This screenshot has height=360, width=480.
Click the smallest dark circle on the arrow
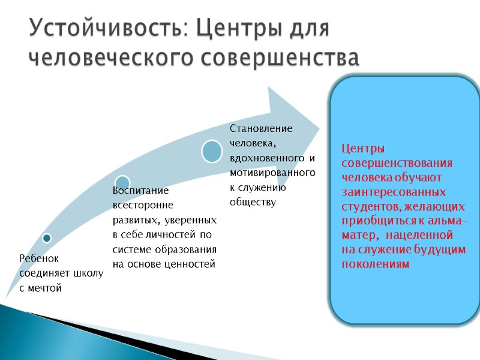(47, 238)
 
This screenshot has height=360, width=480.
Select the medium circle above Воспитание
(122, 182)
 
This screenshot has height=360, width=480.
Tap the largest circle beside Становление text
(212, 151)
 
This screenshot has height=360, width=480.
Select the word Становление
(261, 128)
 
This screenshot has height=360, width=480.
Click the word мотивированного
(272, 173)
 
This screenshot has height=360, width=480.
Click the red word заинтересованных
(394, 192)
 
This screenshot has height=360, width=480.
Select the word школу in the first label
(88, 273)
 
